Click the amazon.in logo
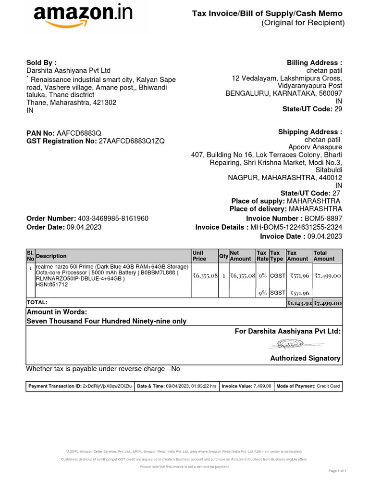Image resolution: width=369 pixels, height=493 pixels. (x=83, y=18)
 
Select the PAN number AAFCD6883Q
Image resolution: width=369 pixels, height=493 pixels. (x=79, y=132)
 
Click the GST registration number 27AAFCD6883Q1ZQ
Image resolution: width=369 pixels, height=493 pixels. (x=132, y=141)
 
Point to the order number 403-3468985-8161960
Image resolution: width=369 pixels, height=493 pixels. (x=113, y=218)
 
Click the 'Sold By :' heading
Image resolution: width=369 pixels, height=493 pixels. (x=41, y=63)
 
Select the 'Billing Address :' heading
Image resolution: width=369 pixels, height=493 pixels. (x=314, y=63)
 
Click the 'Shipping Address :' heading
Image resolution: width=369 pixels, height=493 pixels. (x=310, y=132)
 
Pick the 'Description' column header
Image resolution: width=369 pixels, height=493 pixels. (x=51, y=256)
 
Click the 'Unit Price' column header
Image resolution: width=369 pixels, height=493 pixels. (x=199, y=256)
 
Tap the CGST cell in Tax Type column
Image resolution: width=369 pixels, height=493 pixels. (x=278, y=276)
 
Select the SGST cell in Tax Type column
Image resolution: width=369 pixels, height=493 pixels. (x=278, y=293)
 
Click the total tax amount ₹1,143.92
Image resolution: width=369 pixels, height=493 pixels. (x=299, y=303)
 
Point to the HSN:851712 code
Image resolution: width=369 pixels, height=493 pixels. (x=52, y=285)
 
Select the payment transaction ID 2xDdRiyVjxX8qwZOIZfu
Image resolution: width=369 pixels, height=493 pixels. (x=108, y=386)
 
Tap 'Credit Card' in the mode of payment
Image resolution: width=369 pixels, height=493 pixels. (x=328, y=386)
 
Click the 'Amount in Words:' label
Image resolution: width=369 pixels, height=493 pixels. (x=57, y=312)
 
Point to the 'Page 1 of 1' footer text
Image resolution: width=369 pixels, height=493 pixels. (x=337, y=470)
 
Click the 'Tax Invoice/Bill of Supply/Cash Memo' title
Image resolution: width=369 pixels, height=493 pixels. (x=268, y=14)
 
